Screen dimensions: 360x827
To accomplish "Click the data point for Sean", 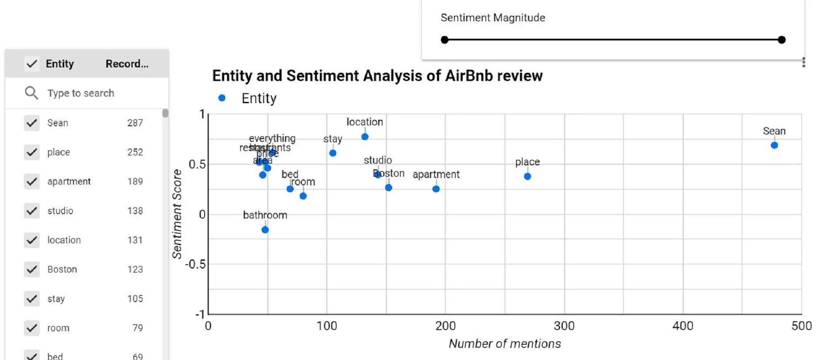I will coord(774,145).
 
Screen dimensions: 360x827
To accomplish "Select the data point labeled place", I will coord(527,176).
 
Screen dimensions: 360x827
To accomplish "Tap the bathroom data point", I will coord(265,230).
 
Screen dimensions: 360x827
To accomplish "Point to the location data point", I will coord(365,137).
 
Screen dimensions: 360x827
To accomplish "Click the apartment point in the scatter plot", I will coord(436,189).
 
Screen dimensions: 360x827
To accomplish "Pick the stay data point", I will coord(333,153).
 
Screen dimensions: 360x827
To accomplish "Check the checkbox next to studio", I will coord(32,211).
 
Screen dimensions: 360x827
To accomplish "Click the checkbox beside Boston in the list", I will coord(32,269).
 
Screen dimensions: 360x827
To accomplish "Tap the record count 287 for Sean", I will coord(135,123).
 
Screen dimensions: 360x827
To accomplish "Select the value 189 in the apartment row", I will coord(135,182).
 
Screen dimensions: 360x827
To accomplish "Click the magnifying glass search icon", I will coord(31,93).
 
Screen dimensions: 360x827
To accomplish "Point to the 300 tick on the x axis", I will coord(564,326).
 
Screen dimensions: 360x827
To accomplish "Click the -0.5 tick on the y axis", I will coord(195,264).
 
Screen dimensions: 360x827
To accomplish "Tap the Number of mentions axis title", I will coord(505,344).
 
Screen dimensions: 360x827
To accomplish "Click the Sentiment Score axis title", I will coord(177,214).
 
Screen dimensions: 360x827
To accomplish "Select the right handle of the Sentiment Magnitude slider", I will coord(781,40).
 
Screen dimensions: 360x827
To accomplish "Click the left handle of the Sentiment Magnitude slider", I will coord(444,40).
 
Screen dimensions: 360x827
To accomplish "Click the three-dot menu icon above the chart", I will coord(803,62).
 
